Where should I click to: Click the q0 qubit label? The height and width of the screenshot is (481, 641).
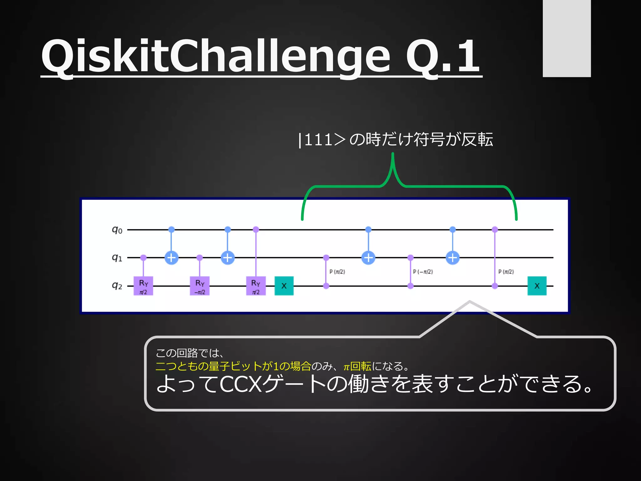(117, 230)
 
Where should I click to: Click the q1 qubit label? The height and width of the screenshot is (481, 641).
(117, 258)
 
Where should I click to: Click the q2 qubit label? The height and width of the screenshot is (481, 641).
(117, 286)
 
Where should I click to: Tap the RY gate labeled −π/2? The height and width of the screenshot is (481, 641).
(200, 286)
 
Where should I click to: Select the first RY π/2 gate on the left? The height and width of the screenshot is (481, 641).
(143, 286)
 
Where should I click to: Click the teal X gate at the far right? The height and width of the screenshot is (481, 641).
(537, 286)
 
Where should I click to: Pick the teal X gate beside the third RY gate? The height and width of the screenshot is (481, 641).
(284, 286)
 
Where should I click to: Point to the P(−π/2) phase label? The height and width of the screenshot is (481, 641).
(423, 272)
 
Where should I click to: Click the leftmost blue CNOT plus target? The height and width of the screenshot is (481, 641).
(172, 258)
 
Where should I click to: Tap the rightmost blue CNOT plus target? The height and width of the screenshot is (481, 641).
(453, 258)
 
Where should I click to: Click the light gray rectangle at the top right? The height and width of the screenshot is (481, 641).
(567, 38)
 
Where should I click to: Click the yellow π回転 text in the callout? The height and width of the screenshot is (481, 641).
(357, 366)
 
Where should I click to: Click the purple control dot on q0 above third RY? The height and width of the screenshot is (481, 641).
(256, 230)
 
